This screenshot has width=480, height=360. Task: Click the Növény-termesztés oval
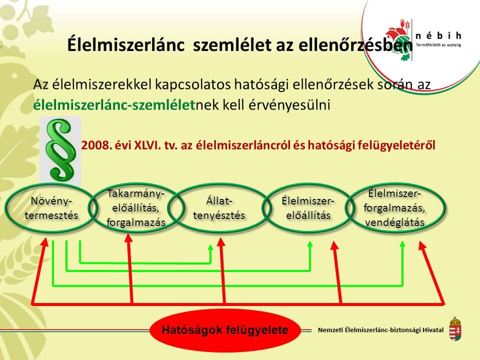[51, 208]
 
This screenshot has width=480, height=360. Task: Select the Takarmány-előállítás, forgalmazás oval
[135, 208]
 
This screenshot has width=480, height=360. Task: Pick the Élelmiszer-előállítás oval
[307, 208]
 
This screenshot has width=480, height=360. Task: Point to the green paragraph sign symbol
[60, 149]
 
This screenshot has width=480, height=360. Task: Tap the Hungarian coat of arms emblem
[455, 328]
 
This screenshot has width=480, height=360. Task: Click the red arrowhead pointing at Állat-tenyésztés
[221, 242]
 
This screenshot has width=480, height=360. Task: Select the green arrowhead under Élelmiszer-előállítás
[309, 244]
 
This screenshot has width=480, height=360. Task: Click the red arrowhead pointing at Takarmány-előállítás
[128, 239]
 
